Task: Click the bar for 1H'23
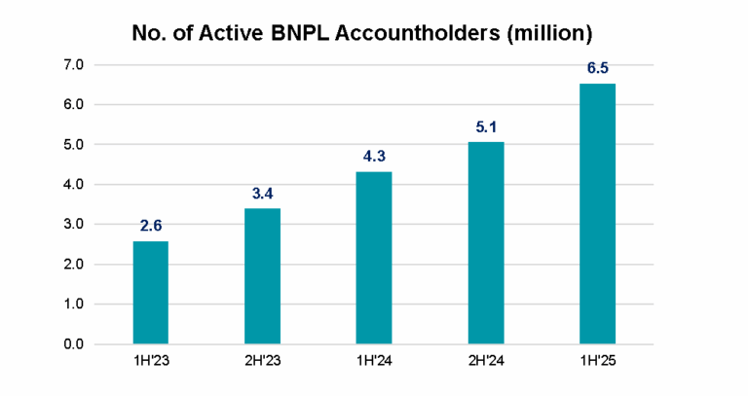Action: (150, 292)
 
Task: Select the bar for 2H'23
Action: (262, 275)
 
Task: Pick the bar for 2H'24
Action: (485, 242)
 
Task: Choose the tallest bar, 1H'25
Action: (597, 214)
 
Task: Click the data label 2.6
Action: (150, 226)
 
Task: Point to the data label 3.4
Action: (262, 194)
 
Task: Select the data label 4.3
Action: (374, 157)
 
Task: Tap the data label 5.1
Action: (485, 126)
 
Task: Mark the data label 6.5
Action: (597, 68)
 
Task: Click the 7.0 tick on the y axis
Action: (75, 65)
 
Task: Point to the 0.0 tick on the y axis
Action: (75, 344)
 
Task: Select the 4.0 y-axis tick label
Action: (75, 185)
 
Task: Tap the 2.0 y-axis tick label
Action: (75, 265)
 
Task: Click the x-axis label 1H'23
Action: (150, 365)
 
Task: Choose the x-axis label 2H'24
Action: (485, 365)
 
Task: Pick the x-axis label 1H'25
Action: (597, 365)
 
